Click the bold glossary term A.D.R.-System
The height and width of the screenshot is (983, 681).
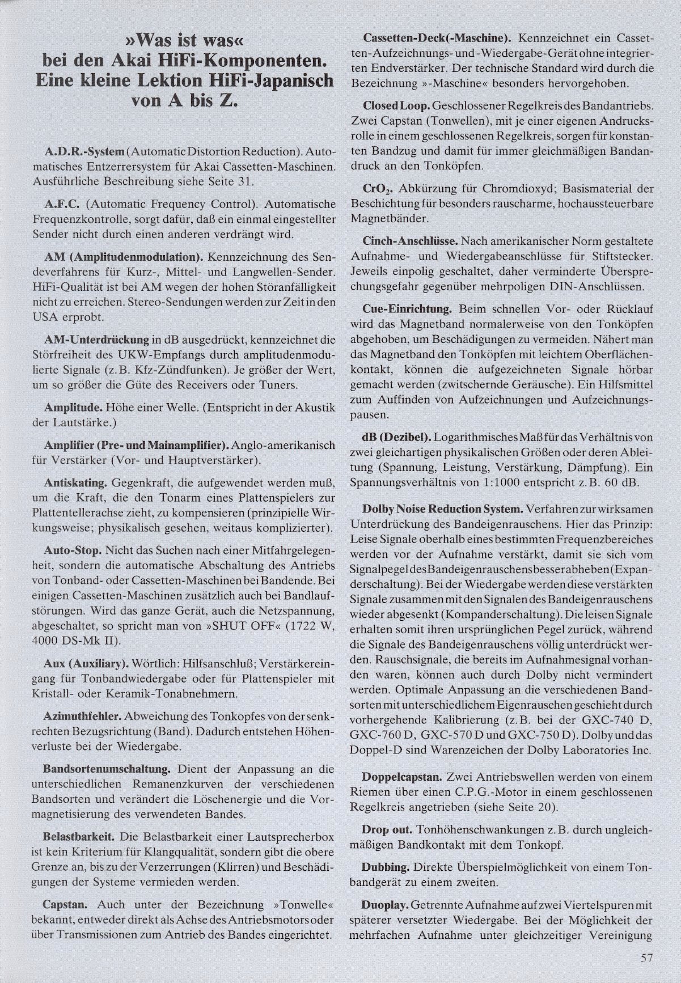point(84,153)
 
